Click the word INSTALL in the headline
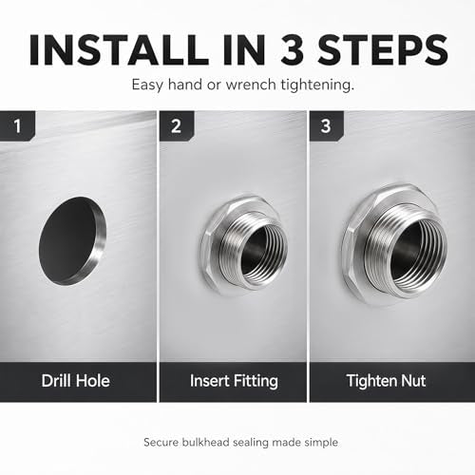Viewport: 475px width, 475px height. click(119, 50)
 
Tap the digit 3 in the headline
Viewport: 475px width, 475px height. click(293, 50)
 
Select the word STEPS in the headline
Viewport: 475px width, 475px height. click(383, 50)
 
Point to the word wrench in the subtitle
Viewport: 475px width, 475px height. click(251, 85)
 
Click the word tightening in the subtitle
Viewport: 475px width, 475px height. click(317, 85)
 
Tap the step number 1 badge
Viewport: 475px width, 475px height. click(17, 126)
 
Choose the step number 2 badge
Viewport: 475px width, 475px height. click(177, 126)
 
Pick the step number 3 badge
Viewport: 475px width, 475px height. click(326, 126)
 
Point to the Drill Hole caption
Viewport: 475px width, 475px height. click(76, 381)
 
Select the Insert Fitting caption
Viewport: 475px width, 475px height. click(234, 381)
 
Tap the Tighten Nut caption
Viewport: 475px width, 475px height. click(387, 381)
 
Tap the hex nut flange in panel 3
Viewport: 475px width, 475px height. click(354, 247)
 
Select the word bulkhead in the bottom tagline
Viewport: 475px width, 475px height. click(206, 442)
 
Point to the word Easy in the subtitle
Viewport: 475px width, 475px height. click(148, 85)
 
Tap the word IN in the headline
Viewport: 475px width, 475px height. click(244, 50)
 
